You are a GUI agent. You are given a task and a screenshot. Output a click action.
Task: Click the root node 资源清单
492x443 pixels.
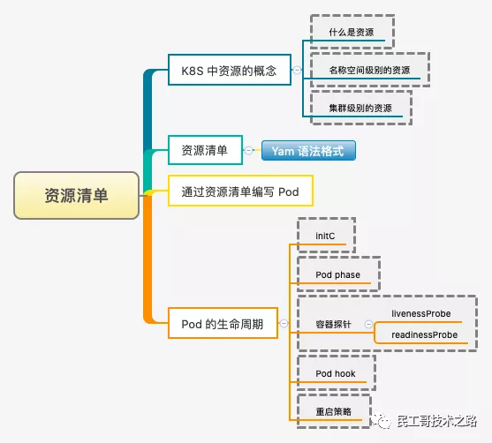[x=77, y=195]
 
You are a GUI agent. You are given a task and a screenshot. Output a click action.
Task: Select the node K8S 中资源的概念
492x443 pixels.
[x=229, y=71]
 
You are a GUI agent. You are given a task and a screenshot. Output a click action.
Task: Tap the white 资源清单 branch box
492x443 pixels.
[x=204, y=151]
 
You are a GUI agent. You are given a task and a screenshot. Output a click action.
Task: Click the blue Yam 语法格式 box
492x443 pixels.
[x=308, y=151]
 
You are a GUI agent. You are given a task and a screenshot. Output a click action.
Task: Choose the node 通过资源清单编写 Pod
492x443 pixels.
[x=240, y=191]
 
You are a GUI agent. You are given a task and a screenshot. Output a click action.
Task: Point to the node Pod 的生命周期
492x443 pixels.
[x=222, y=323]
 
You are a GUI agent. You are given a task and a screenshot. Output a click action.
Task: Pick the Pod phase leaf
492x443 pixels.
[x=337, y=274]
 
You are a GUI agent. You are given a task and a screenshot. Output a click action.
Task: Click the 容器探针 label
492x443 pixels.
[x=333, y=324]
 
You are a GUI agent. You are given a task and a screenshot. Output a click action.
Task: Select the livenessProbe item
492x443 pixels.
[x=421, y=313]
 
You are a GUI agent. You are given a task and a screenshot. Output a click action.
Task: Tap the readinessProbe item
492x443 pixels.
[x=425, y=335]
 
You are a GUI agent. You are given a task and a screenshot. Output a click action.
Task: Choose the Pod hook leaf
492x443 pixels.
[x=336, y=373]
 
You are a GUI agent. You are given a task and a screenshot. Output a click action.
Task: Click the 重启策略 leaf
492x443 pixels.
[x=333, y=411]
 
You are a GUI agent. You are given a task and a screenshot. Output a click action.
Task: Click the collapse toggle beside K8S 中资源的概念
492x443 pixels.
[x=297, y=71]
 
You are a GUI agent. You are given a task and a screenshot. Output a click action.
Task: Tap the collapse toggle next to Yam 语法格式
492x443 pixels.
[x=250, y=151]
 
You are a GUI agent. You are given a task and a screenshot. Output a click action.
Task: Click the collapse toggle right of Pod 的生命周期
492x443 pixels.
[x=283, y=324]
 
